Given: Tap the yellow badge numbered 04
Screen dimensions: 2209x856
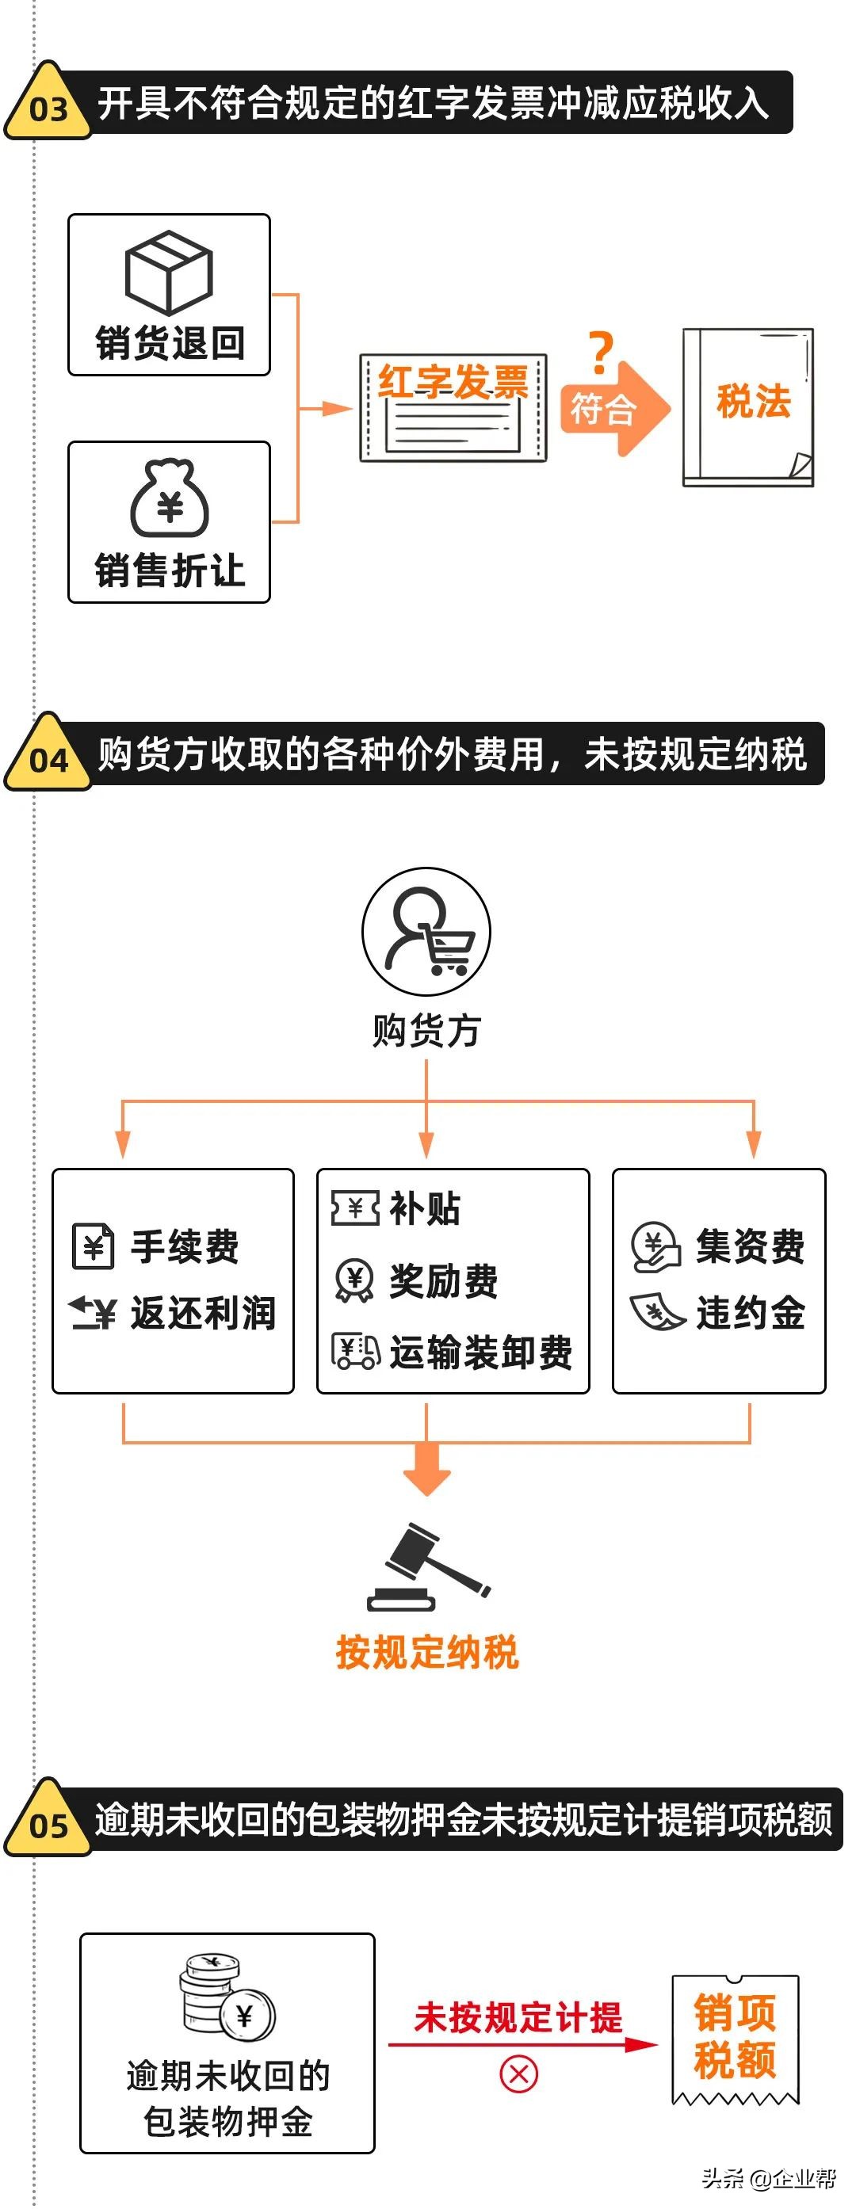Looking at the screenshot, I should [x=48, y=757].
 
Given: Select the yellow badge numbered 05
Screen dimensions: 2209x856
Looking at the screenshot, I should [x=48, y=1824].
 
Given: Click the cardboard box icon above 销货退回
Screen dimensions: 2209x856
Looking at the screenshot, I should [x=169, y=272].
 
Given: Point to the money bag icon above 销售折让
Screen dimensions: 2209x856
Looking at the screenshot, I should [x=170, y=498].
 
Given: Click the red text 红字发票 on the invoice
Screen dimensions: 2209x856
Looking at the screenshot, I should [x=453, y=381].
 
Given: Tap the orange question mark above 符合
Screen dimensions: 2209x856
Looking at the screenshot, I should [x=602, y=353].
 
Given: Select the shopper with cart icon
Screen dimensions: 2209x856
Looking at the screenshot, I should [x=426, y=932].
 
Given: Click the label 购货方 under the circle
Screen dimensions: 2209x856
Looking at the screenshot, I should [x=426, y=1030].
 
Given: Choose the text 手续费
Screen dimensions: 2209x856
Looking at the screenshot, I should [x=185, y=1246].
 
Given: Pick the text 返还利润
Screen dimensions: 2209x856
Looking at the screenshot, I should [x=203, y=1313].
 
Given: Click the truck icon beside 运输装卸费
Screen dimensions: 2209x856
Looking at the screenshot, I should [x=356, y=1352].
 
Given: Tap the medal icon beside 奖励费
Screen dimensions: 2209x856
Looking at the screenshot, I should [x=354, y=1280].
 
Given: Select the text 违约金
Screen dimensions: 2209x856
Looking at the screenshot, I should [x=751, y=1313].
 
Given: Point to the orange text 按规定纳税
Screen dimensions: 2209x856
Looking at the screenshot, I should [x=427, y=1652].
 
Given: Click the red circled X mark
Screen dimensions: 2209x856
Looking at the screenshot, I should [x=519, y=2074].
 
